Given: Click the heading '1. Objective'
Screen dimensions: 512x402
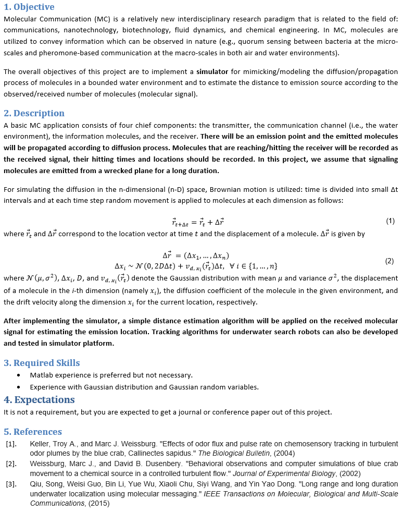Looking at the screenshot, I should [x=29, y=7].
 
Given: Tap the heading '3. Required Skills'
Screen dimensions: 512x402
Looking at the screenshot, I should [x=42, y=363].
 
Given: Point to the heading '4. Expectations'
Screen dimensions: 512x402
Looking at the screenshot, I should [x=39, y=400].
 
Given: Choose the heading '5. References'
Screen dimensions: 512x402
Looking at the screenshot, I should [x=33, y=432].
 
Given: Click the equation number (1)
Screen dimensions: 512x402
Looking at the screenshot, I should [x=390, y=221].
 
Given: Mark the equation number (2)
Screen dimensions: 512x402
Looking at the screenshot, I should [x=389, y=261].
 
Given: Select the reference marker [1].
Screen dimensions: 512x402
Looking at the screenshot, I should [x=11, y=444].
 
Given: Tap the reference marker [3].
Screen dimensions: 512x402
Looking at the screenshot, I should [x=11, y=484].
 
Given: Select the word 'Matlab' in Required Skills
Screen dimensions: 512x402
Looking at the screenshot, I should [x=41, y=375].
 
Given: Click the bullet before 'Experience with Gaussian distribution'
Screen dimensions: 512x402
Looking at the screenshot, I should [x=19, y=387].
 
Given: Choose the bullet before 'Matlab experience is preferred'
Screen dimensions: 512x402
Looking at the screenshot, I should [x=19, y=375].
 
